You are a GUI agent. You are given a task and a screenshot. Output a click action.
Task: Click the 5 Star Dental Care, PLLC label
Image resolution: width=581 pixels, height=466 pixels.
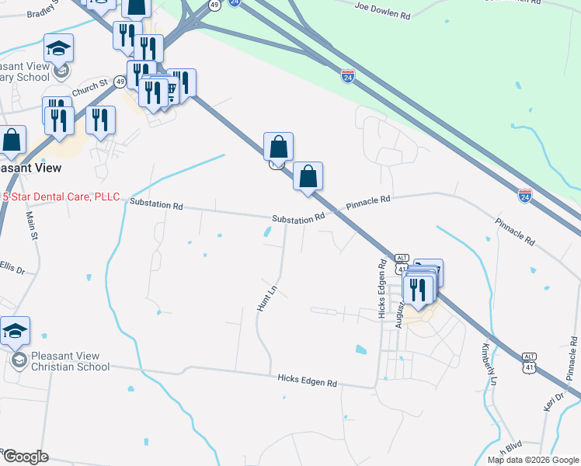point(62,196)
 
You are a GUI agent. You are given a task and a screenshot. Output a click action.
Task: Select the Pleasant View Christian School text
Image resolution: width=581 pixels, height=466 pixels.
point(70,362)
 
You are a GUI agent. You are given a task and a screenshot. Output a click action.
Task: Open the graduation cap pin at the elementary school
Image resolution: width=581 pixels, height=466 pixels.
point(59,49)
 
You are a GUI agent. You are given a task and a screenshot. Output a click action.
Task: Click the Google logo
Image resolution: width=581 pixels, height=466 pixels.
point(25,457)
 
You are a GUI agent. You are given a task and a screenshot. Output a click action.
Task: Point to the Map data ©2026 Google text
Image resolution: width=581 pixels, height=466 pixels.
point(533,460)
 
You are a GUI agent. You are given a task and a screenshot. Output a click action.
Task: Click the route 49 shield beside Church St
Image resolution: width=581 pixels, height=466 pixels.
point(120,81)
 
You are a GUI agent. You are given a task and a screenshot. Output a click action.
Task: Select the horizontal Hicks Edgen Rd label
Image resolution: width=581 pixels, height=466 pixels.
point(308,382)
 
